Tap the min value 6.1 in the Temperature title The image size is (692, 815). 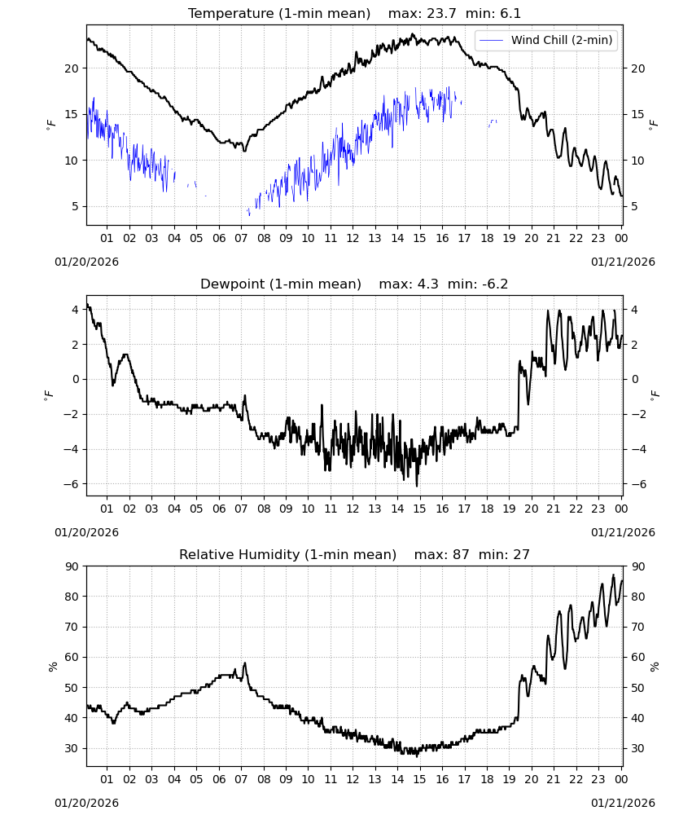click(x=510, y=13)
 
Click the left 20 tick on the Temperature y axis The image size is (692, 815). click(x=72, y=68)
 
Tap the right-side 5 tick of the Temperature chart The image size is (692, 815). click(x=634, y=207)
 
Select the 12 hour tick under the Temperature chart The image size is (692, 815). click(x=353, y=238)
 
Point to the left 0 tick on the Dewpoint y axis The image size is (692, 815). click(x=77, y=380)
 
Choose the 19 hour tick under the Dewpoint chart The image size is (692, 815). click(x=510, y=509)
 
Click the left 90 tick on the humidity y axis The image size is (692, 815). click(x=72, y=566)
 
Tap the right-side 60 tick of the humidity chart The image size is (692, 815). click(x=637, y=658)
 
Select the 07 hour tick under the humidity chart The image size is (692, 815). click(x=241, y=779)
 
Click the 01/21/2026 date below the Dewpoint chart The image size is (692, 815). click(x=623, y=532)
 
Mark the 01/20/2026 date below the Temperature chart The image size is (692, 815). click(x=86, y=262)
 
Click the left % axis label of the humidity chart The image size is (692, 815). click(x=52, y=667)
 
